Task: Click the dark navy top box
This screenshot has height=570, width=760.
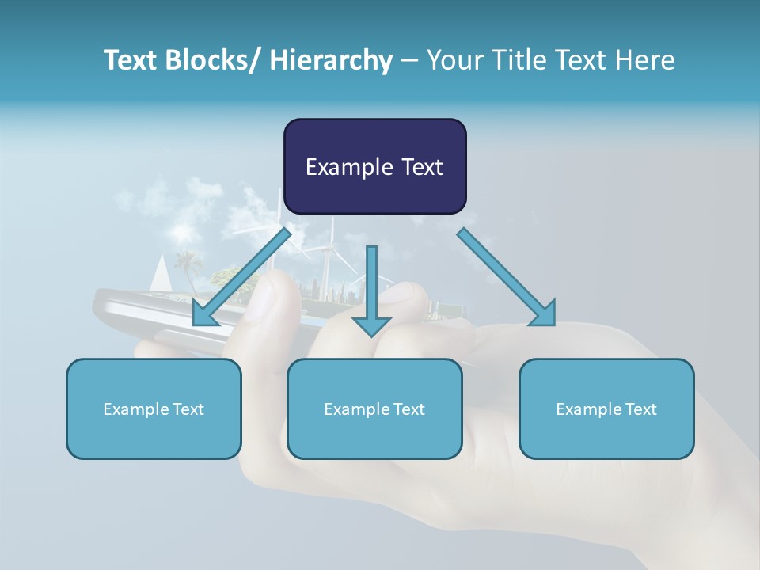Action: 374,166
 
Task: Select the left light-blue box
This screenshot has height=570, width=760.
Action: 154,408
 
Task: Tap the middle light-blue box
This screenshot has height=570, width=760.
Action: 374,408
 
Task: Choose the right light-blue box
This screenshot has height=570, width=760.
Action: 606,408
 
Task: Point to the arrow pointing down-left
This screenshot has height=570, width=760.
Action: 241,277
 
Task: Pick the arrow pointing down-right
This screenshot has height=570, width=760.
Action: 507,277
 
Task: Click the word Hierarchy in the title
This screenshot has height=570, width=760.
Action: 331,60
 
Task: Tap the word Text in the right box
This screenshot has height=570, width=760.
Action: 639,409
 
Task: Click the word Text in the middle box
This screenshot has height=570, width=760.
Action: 407,409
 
